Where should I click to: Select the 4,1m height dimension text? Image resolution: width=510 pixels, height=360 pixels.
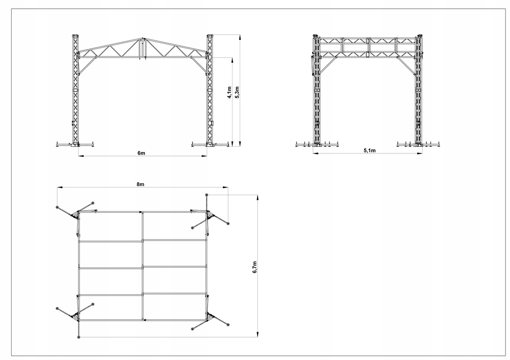pyautogui.click(x=229, y=92)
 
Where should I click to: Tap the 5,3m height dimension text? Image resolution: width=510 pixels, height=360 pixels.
pyautogui.click(x=237, y=92)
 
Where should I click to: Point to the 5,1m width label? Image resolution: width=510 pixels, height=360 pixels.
pyautogui.click(x=369, y=150)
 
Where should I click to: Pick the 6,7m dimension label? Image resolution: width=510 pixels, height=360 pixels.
pyautogui.click(x=255, y=266)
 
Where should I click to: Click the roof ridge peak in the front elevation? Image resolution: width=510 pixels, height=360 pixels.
pyautogui.click(x=143, y=39)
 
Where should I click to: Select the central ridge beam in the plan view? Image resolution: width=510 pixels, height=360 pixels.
pyautogui.click(x=142, y=265)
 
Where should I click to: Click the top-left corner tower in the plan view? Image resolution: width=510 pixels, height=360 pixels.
pyautogui.click(x=78, y=214)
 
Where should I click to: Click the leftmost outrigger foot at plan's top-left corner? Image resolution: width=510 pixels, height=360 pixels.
pyautogui.click(x=57, y=208)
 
